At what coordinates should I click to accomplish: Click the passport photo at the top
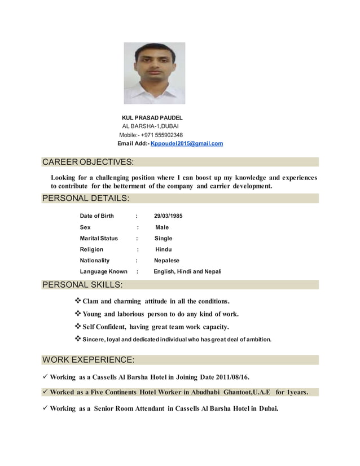(154, 73)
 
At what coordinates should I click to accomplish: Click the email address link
(187, 144)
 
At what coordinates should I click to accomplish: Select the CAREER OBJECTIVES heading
(88, 162)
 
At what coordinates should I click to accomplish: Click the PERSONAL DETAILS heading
(86, 198)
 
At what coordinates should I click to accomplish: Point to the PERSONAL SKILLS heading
(82, 284)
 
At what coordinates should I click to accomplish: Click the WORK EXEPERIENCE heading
(88, 359)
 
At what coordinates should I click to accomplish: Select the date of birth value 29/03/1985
(168, 216)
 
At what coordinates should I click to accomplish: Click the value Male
(162, 227)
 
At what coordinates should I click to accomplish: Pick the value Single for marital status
(164, 238)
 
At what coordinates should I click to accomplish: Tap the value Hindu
(164, 249)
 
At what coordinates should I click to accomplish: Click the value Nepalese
(167, 261)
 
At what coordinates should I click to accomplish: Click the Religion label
(91, 249)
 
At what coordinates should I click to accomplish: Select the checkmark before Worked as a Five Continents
(45, 392)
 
